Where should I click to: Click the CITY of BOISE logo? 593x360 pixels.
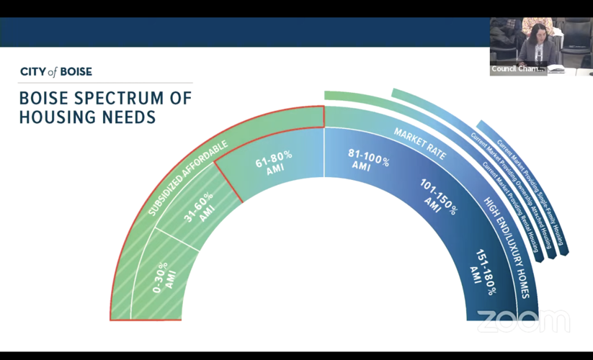tap(56, 72)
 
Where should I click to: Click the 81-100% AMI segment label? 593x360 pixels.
tap(367, 159)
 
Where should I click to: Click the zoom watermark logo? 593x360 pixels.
tap(523, 321)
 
